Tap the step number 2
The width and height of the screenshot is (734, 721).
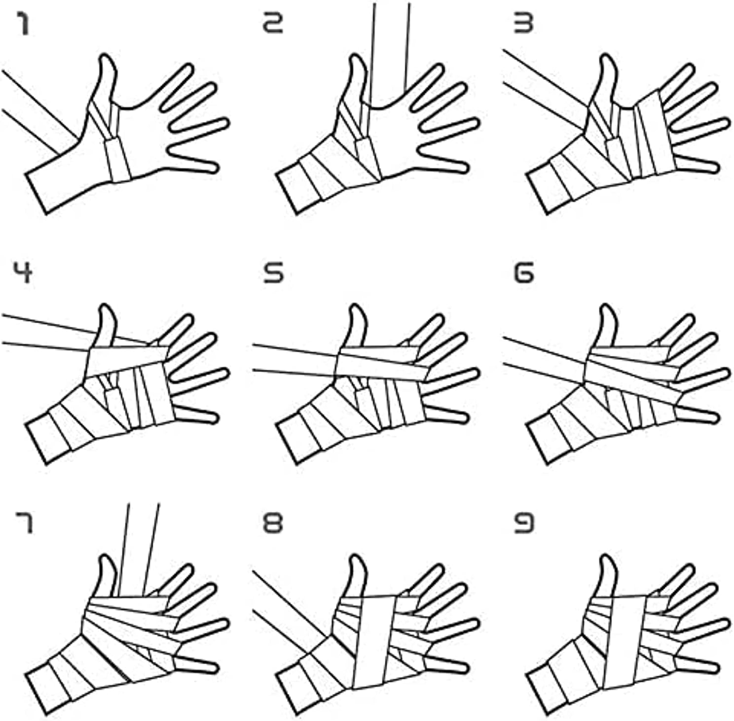(273, 23)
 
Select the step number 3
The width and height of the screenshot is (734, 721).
(523, 23)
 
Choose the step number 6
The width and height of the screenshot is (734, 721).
(523, 272)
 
